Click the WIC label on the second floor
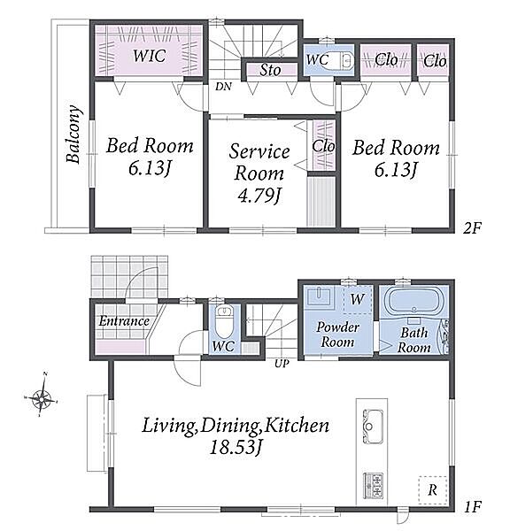(150, 56)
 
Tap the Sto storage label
(270, 70)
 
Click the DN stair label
(223, 87)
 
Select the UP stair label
(282, 364)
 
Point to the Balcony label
(73, 135)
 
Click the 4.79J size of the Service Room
(259, 195)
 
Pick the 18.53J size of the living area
(236, 447)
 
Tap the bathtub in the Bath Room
(413, 301)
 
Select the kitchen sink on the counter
(372, 427)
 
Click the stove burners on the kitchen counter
(373, 485)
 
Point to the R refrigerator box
(432, 489)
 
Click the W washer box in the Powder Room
(357, 299)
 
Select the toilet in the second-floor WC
(344, 60)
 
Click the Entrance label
(124, 320)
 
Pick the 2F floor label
(472, 228)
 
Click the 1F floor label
(473, 507)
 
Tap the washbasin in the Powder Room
(319, 296)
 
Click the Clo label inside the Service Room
(323, 146)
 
